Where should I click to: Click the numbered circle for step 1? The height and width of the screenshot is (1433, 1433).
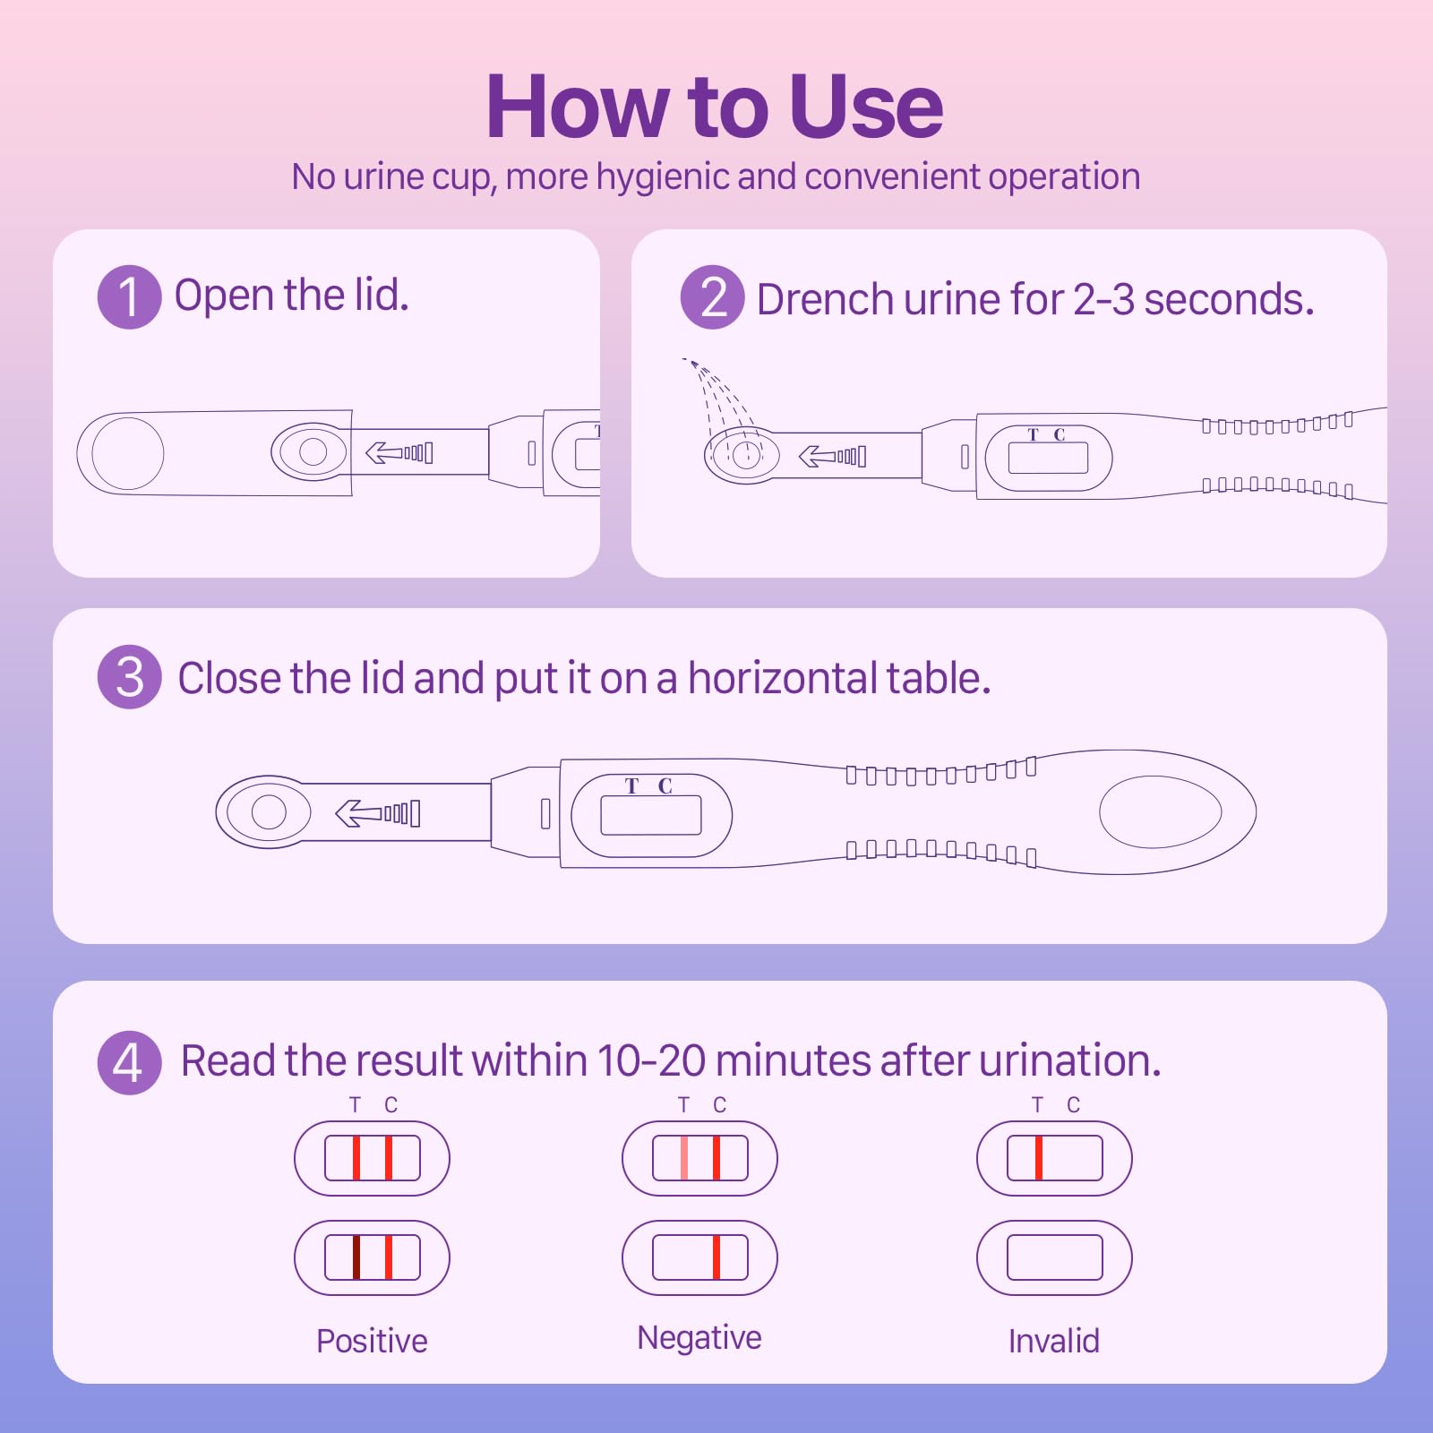129,297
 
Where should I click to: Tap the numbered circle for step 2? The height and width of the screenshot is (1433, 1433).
712,297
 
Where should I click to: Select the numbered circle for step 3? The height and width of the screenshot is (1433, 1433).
129,677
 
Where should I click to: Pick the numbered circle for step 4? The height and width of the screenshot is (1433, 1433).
129,1062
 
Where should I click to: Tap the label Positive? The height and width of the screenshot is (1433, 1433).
372,1341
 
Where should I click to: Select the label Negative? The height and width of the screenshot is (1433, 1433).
699,1337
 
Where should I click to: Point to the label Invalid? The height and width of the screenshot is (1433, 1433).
1053,1341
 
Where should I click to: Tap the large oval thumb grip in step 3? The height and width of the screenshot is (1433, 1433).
1160,811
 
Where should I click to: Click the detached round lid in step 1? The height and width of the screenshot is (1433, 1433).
128,453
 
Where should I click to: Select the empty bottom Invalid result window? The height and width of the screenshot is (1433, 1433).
1054,1257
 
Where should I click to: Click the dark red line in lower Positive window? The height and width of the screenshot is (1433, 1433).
356,1257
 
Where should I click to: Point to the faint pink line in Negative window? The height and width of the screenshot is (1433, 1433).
684,1158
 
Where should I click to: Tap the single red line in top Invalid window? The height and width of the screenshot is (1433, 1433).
1039,1158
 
